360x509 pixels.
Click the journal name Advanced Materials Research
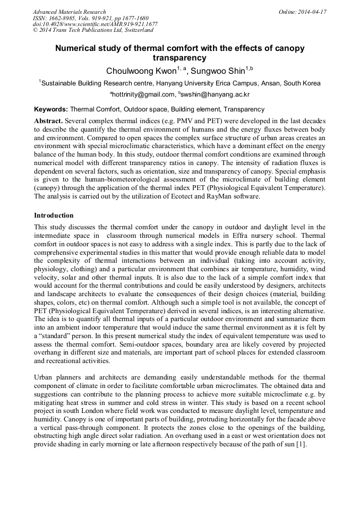click(69, 12)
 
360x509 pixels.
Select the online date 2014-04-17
click(312, 12)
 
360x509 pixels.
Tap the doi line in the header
click(95, 24)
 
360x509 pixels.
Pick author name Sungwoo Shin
click(216, 71)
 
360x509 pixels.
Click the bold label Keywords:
click(51, 109)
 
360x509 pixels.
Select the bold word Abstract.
click(49, 121)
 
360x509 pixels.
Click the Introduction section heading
click(54, 215)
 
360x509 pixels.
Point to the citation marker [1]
click(301, 444)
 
